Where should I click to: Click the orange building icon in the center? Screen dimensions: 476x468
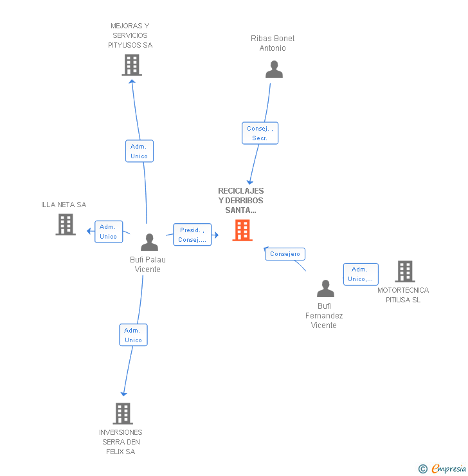[x=242, y=230]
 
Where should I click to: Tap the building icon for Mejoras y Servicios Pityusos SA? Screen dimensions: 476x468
[x=131, y=65]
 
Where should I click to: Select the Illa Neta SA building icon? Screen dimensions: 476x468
[x=66, y=224]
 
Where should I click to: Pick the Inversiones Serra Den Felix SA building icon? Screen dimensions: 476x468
[x=123, y=413]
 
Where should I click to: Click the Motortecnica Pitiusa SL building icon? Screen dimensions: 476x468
[x=404, y=271]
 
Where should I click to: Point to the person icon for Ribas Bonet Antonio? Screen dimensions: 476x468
[x=274, y=69]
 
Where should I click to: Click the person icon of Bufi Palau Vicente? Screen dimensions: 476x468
[x=149, y=242]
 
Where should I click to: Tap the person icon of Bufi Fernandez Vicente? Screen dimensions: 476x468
[x=326, y=289]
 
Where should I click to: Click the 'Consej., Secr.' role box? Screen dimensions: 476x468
[x=260, y=133]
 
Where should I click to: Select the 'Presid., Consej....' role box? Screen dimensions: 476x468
[x=192, y=235]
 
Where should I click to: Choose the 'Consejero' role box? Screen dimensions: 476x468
[x=285, y=254]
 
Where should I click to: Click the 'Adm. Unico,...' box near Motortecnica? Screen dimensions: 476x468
[x=360, y=274]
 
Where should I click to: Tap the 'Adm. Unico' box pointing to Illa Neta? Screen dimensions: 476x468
[x=108, y=232]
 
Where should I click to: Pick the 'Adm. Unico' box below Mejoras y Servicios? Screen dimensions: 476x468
[x=139, y=151]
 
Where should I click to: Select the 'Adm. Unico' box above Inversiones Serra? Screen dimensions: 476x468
[x=133, y=334]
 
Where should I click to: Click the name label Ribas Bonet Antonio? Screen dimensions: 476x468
[x=273, y=43]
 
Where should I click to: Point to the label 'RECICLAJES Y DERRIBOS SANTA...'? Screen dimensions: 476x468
[x=241, y=201]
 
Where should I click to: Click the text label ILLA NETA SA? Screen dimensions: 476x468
[x=64, y=205]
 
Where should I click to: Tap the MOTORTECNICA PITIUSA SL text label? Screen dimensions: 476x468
[x=403, y=295]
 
